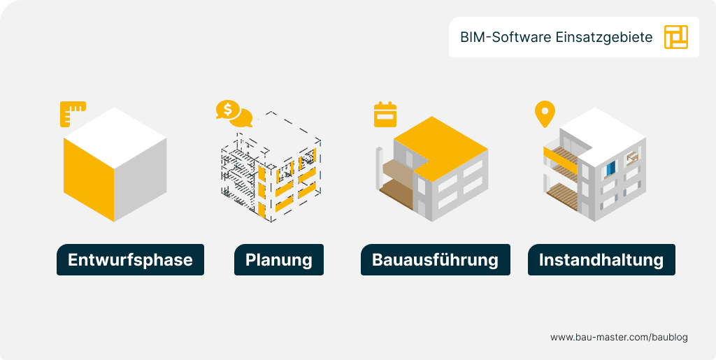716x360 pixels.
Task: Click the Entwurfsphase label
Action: point(130,260)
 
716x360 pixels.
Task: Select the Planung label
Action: point(278,260)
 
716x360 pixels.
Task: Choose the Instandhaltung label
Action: point(601,260)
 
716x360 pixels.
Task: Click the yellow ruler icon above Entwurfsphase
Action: point(72,113)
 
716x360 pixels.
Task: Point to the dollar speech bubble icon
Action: point(233,113)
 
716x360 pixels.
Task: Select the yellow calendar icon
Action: point(385,115)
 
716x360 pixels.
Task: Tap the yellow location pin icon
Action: point(544,114)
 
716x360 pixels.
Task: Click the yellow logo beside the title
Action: point(676,37)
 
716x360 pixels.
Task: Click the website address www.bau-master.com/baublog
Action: point(619,337)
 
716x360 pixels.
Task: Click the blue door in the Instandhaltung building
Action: point(610,168)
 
